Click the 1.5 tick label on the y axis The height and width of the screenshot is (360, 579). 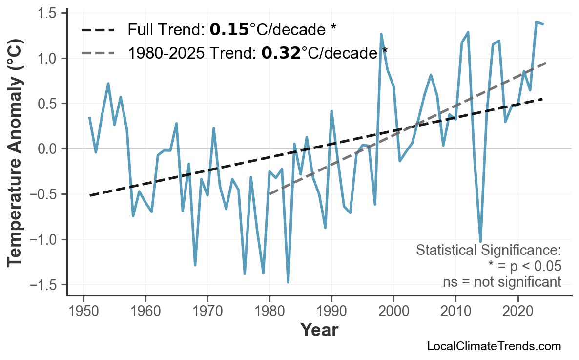point(48,13)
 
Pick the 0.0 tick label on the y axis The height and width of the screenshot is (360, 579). point(48,149)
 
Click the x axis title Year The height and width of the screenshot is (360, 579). point(319,331)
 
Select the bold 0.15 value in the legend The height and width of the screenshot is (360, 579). point(229,30)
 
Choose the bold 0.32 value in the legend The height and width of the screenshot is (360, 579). point(280,52)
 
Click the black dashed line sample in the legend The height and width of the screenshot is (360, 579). point(98,30)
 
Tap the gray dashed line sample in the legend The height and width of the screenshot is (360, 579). point(98,52)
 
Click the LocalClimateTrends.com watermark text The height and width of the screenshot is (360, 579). point(494,347)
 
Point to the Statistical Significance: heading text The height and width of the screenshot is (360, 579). point(488,251)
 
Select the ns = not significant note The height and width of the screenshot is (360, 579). point(502,282)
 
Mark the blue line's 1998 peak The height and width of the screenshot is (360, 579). point(381,34)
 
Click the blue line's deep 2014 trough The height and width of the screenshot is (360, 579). point(480,241)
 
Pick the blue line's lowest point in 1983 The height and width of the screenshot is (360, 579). point(288,282)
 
